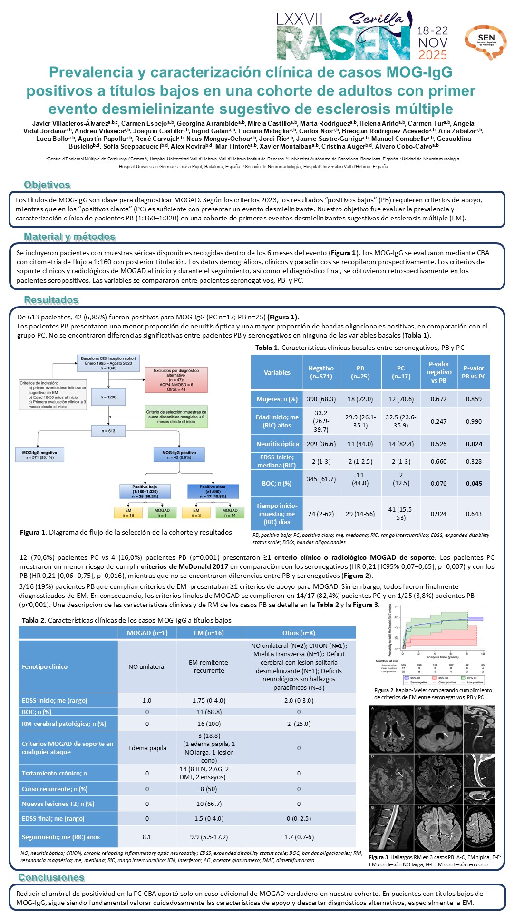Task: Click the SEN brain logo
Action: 485,42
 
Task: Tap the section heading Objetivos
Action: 47,185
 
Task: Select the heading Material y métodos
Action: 69,237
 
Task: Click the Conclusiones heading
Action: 51,877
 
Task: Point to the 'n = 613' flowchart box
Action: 108,431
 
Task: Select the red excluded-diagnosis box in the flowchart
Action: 176,380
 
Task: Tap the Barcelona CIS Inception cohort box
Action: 108,363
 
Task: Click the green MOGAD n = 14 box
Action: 230,512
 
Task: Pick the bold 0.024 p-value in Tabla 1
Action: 474,444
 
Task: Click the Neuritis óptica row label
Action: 277,444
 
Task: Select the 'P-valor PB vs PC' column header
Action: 474,372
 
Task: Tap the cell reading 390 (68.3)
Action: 321,399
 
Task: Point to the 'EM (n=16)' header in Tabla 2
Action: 209,633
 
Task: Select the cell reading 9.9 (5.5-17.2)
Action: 209,837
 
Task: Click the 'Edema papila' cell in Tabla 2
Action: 147,748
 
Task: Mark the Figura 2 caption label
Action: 384,690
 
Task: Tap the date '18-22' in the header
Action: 432,30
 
